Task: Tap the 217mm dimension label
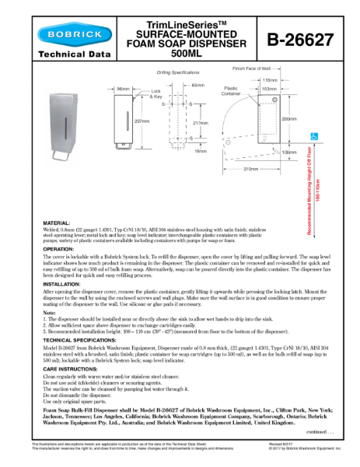200,122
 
